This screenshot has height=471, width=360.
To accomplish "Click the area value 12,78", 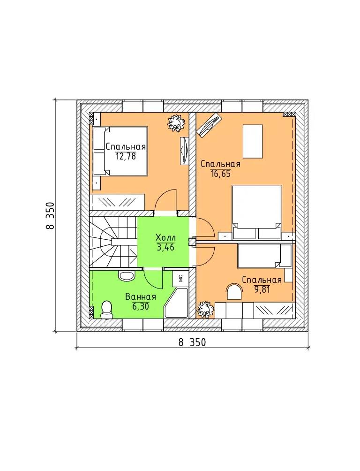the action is pyautogui.click(x=126, y=156).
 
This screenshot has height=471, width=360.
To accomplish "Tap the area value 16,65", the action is pyautogui.click(x=221, y=173).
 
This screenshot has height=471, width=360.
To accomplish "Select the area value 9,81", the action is pyautogui.click(x=262, y=289).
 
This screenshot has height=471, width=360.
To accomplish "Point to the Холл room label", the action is pyautogui.click(x=166, y=237).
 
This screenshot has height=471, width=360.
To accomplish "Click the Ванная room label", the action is pyautogui.click(x=141, y=297).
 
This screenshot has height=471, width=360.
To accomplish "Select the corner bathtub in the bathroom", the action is pyautogui.click(x=176, y=303).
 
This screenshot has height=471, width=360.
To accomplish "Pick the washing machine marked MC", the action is pyautogui.click(x=180, y=279).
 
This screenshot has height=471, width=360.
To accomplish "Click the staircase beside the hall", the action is pyautogui.click(x=113, y=242).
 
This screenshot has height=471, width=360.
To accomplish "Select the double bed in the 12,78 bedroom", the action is pyautogui.click(x=120, y=151).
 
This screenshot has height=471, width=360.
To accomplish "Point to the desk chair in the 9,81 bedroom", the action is pyautogui.click(x=234, y=292).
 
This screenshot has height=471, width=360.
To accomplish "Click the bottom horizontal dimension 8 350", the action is pyautogui.click(x=192, y=342).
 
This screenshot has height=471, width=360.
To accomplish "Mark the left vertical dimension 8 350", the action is pyautogui.click(x=50, y=215).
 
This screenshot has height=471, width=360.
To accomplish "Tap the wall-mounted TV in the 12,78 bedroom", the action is pyautogui.click(x=184, y=151).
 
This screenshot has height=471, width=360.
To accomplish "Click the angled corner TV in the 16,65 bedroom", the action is pyautogui.click(x=210, y=125).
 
